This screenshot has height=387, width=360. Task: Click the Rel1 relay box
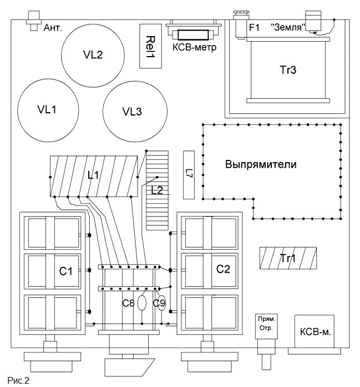click(150, 46)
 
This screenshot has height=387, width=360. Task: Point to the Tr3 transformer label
click(288, 70)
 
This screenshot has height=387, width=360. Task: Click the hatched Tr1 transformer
click(288, 258)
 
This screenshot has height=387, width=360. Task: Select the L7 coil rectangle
click(189, 175)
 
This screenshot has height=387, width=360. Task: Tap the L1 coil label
click(93, 175)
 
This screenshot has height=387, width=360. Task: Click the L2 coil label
click(157, 190)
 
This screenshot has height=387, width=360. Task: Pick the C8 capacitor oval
click(141, 303)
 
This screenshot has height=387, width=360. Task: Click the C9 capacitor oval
click(161, 303)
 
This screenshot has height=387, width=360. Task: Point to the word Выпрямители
click(261, 164)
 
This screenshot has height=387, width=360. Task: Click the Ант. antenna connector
click(34, 21)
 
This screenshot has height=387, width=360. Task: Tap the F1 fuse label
click(254, 27)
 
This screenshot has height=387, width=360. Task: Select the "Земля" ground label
click(288, 27)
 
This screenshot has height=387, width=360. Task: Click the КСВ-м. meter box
click(315, 331)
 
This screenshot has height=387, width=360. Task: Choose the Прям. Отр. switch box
click(267, 326)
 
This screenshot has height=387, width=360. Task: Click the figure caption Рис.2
click(18, 380)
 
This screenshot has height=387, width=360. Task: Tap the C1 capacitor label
click(65, 272)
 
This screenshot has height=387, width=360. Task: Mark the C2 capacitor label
click(223, 269)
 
